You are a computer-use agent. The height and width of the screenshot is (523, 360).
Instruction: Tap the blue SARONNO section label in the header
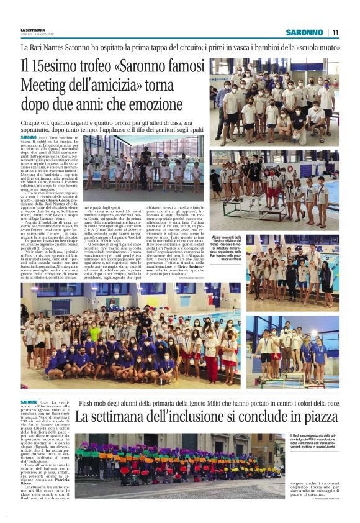click(x=304, y=32)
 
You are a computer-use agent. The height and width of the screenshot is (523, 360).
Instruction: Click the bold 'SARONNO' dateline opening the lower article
click(x=29, y=402)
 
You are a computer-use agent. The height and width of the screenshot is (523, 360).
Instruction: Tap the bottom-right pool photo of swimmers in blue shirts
click(x=292, y=352)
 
